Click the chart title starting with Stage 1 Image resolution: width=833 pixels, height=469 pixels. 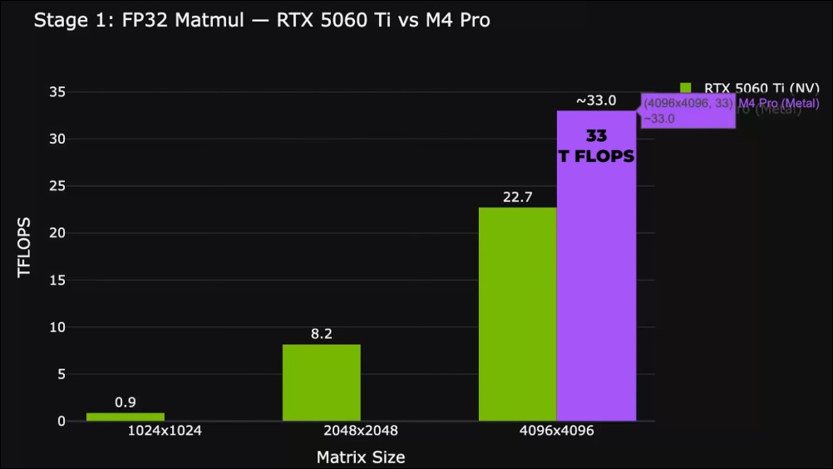point(261,20)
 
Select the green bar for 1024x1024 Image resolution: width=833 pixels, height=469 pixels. point(126,417)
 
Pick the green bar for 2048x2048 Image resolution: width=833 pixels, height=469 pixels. point(322,383)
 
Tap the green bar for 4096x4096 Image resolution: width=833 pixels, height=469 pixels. point(517,314)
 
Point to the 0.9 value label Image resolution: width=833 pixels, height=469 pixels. point(126,403)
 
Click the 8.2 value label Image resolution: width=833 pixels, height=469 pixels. point(322,334)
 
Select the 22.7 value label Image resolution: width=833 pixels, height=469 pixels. point(517,198)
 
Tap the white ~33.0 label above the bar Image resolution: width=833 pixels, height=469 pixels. point(596,100)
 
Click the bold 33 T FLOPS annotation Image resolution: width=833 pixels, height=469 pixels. point(596,145)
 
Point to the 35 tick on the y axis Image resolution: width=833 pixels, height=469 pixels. point(56,92)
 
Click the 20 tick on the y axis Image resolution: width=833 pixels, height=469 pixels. point(56,233)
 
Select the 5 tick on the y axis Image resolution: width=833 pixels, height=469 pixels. point(60,374)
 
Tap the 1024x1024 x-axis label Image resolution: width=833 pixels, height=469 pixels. point(165,432)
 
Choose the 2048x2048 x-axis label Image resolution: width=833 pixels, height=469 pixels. point(361,432)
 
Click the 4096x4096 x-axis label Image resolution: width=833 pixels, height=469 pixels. point(557,432)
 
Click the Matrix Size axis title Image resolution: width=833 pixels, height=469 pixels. point(361,457)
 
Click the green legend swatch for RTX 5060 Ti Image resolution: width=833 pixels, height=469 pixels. point(686,88)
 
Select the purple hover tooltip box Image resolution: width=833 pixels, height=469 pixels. point(687,111)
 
